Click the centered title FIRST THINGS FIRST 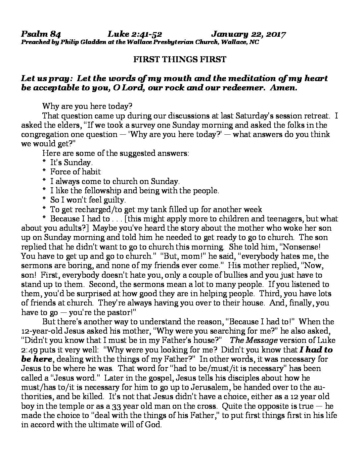pyautogui.click(x=180, y=59)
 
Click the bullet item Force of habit pyautogui.click(x=75, y=172)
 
